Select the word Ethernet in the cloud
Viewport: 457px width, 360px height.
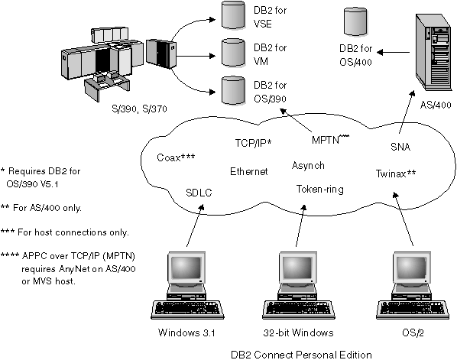248,171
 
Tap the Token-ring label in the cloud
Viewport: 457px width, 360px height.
320,188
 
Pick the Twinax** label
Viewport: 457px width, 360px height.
395,174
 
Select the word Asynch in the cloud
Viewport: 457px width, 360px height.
308,165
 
